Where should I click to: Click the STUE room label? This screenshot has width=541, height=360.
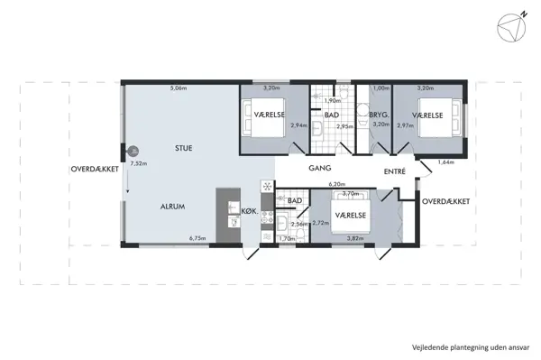[x=184, y=148]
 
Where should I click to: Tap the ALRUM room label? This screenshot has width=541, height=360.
[x=172, y=207]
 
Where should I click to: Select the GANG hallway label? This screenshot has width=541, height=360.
[x=320, y=168]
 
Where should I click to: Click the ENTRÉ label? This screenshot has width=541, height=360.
[x=395, y=171]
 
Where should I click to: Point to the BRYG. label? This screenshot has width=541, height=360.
[x=380, y=115]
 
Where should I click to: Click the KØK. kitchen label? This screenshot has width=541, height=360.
[x=250, y=211]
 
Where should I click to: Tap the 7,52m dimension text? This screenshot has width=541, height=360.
[x=139, y=163]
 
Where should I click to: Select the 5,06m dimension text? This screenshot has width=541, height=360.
[x=179, y=88]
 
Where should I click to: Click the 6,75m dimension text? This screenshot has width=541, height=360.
[x=197, y=238]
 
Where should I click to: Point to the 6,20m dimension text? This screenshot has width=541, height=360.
[x=337, y=184]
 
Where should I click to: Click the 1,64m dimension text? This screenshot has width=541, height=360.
[x=446, y=162]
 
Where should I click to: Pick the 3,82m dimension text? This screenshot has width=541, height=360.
[x=355, y=238]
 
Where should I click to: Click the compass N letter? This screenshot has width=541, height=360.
[x=524, y=14]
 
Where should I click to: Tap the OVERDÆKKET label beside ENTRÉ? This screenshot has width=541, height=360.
[x=445, y=201]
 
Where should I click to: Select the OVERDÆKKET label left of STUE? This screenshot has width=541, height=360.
[x=95, y=169]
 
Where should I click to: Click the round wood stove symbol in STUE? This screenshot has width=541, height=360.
[x=133, y=151]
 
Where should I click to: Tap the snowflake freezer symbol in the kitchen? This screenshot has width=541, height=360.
[x=267, y=187]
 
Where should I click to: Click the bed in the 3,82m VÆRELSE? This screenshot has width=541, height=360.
[x=351, y=212]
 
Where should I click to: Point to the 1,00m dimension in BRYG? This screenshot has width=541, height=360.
[x=381, y=88]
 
